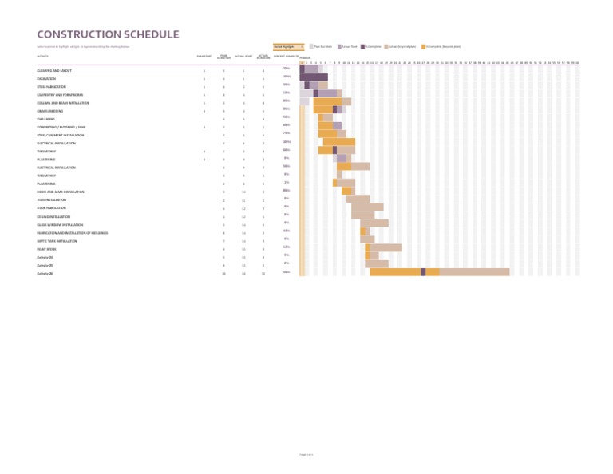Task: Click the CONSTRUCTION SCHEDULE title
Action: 108,34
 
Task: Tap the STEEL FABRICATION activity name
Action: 51,87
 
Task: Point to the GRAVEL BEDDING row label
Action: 49,111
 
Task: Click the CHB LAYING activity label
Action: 45,119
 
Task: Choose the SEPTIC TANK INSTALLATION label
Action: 57,241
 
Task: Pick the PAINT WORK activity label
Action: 46,249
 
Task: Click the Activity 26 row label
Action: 45,273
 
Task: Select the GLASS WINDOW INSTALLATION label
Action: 60,225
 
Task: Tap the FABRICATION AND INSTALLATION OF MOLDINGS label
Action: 72,233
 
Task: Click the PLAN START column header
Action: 204,57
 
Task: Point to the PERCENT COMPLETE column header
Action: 287,57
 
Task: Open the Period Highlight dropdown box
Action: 288,47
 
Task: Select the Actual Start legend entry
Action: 348,47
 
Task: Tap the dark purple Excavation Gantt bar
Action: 314,77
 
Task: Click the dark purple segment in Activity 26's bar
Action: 423,272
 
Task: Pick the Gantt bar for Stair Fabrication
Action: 367,207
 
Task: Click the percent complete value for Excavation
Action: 287,77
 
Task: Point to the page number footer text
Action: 306,454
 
